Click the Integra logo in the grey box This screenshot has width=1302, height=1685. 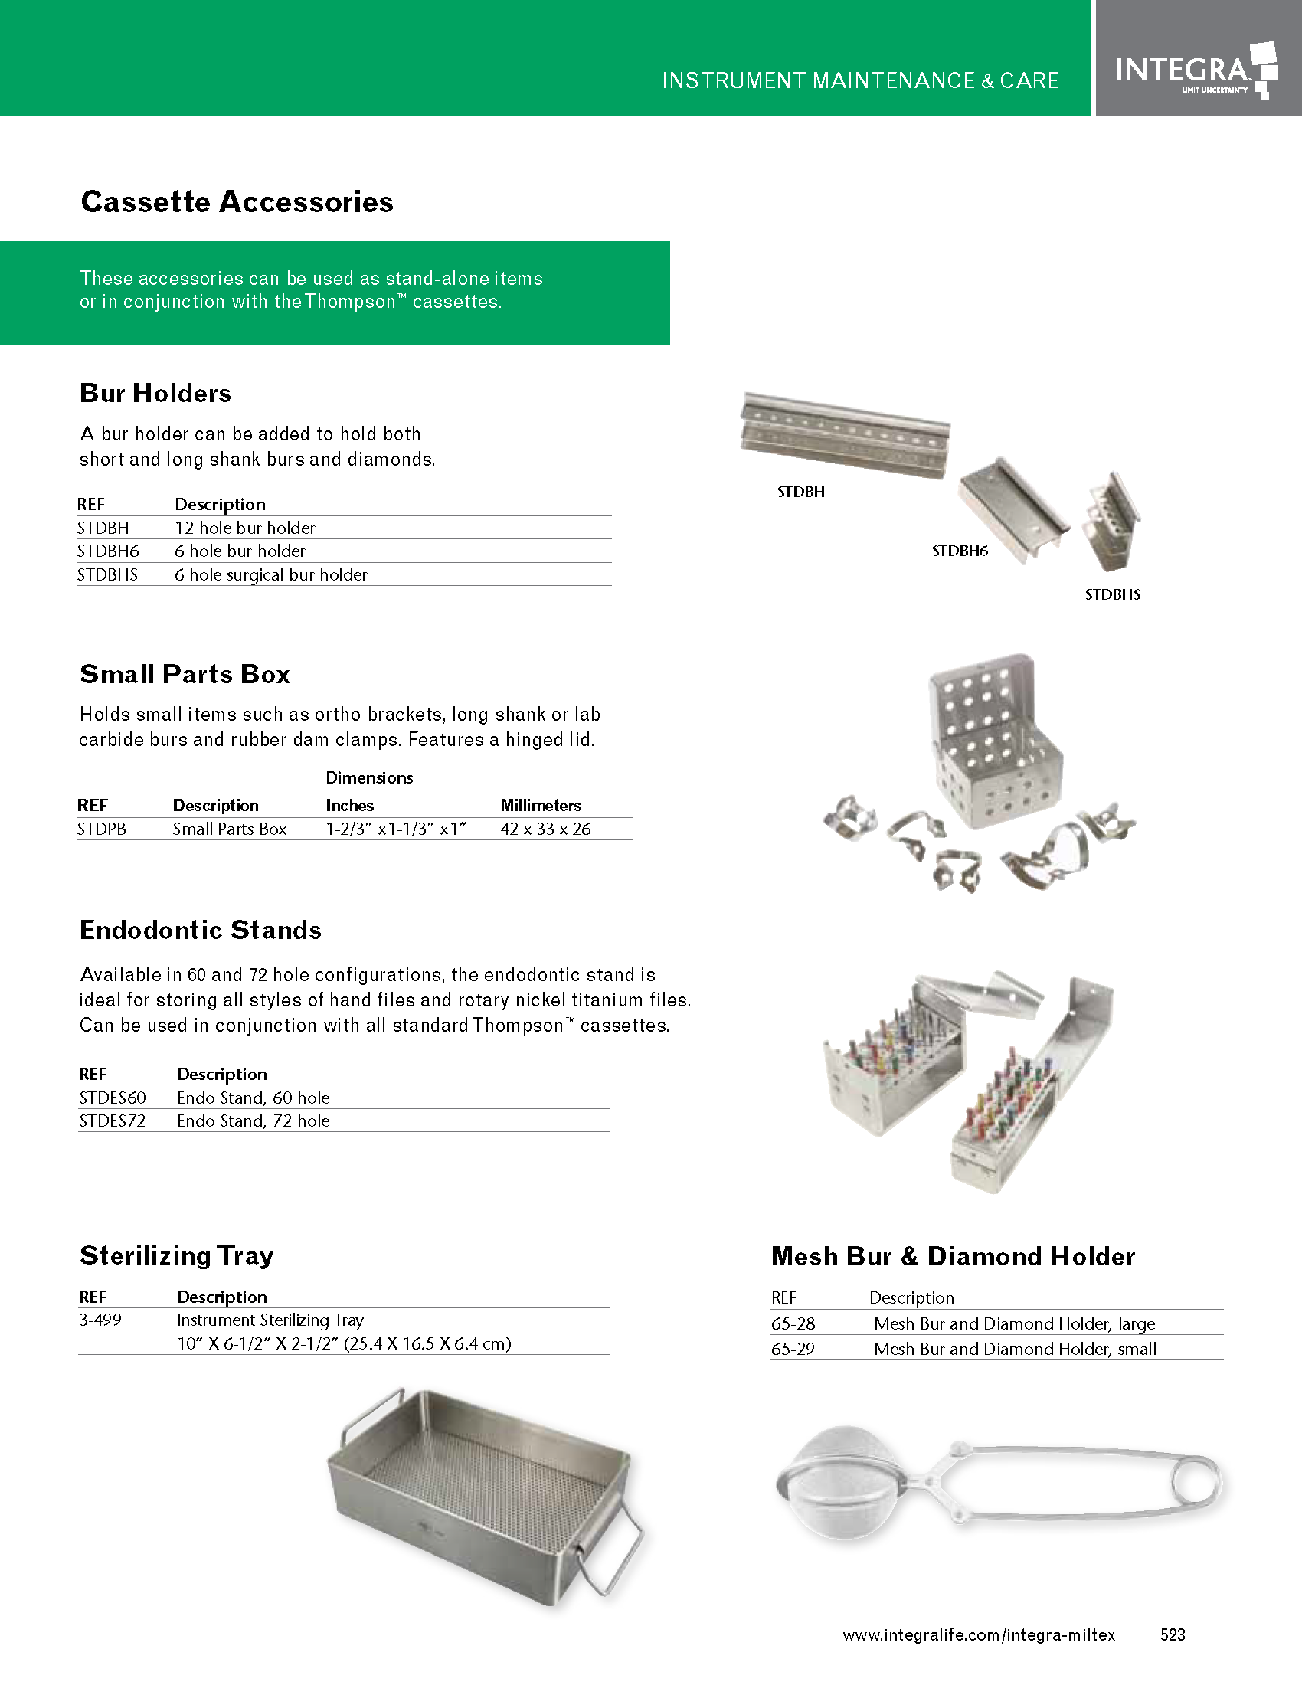click(1196, 71)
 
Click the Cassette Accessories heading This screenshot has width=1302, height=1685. click(237, 202)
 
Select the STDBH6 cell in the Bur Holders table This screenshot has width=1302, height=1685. click(108, 551)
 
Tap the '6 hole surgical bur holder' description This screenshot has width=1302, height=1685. click(270, 574)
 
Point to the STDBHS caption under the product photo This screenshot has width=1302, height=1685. click(1112, 595)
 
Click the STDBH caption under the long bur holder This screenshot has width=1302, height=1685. click(800, 492)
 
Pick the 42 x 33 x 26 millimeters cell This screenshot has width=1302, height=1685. click(545, 829)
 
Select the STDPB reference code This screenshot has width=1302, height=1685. click(101, 829)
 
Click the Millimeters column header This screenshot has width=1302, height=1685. click(541, 806)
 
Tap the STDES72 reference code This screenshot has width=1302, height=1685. click(112, 1121)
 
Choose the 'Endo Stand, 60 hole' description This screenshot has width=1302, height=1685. click(253, 1098)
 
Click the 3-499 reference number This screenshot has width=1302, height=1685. click(100, 1320)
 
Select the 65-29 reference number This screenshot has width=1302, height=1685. click(793, 1350)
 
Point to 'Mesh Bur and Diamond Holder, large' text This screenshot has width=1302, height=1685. click(1014, 1324)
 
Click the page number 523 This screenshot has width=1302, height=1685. click(1173, 1635)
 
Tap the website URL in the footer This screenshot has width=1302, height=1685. click(979, 1636)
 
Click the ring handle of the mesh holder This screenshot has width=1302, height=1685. click(1196, 1482)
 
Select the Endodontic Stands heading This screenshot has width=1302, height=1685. click(201, 931)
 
